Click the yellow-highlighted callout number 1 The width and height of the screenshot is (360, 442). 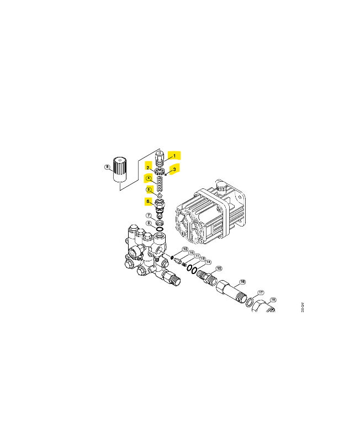point(174,156)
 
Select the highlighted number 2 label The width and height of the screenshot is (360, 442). point(149,166)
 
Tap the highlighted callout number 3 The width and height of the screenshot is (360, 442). point(173,169)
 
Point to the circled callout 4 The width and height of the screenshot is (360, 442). point(148,178)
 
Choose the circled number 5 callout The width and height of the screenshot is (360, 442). point(149,190)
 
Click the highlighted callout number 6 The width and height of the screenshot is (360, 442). point(149,201)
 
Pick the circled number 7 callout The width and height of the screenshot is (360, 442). point(149,215)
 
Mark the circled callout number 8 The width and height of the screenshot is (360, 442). point(149,223)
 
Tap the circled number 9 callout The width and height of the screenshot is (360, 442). point(107,167)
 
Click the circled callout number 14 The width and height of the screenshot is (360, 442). point(208,262)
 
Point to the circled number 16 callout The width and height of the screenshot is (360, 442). point(242,282)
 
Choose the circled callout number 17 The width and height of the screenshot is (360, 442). point(261,292)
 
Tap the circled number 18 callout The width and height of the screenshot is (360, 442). point(272,299)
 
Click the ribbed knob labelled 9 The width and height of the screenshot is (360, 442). point(120,169)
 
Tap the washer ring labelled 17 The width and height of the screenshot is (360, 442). point(250,301)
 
